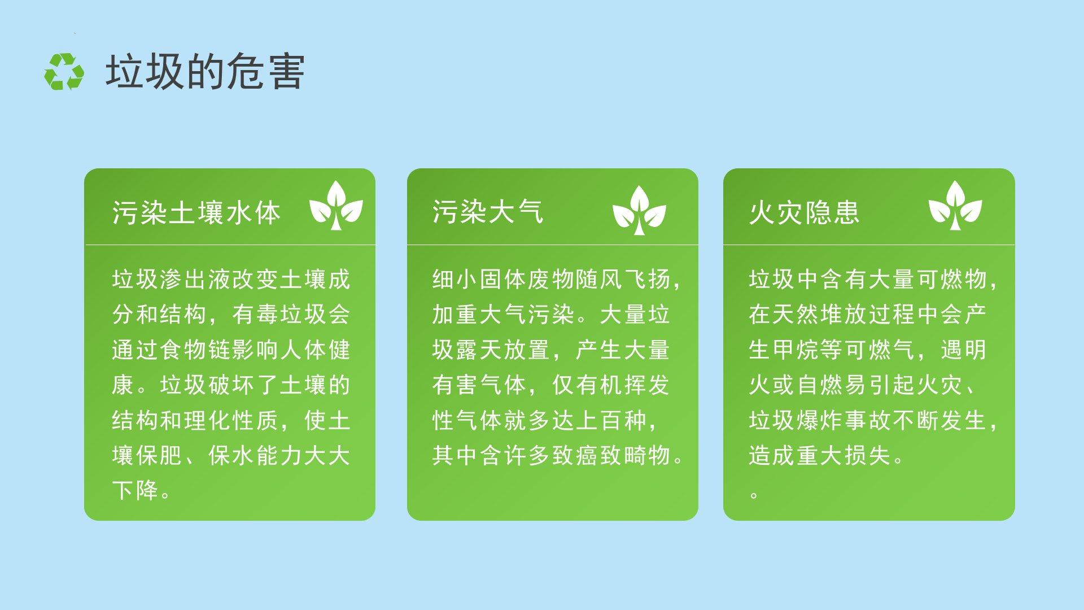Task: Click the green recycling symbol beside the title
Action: (x=64, y=72)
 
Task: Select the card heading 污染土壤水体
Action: (x=196, y=213)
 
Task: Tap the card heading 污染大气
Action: (x=488, y=212)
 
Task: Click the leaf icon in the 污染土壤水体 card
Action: (x=336, y=206)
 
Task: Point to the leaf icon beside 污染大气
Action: (x=639, y=210)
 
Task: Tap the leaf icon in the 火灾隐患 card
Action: (x=955, y=206)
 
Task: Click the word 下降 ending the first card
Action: (x=135, y=490)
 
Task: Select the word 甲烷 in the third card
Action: (x=795, y=350)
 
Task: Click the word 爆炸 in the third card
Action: (x=820, y=420)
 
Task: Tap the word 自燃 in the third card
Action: (x=820, y=385)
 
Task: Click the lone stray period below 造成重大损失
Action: (x=754, y=495)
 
